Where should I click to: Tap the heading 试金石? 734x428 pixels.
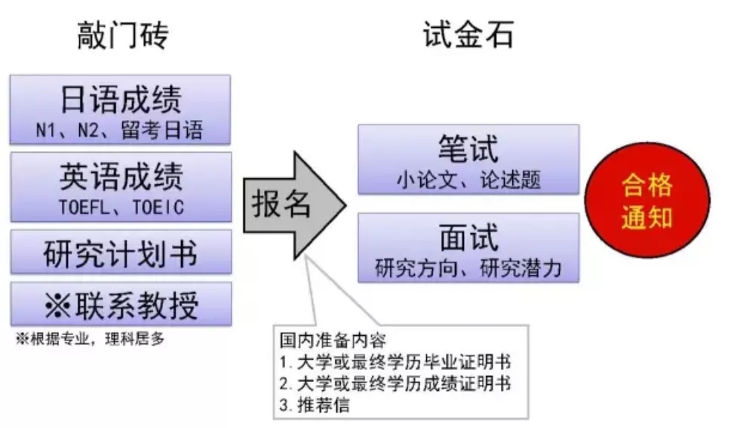pyautogui.click(x=468, y=35)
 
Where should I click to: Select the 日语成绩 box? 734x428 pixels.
pyautogui.click(x=120, y=109)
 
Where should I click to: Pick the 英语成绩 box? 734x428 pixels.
pyautogui.click(x=120, y=187)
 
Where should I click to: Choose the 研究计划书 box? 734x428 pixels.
pyautogui.click(x=120, y=253)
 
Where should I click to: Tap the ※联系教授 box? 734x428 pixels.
pyautogui.click(x=120, y=304)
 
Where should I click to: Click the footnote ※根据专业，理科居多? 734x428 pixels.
pyautogui.click(x=90, y=339)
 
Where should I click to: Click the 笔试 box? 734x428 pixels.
pyautogui.click(x=468, y=159)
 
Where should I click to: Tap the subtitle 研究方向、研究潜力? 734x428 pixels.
pyautogui.click(x=468, y=268)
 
